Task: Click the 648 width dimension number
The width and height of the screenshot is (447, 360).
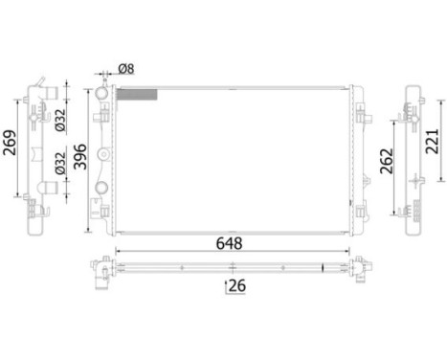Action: point(229,243)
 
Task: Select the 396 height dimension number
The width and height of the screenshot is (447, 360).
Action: point(80,157)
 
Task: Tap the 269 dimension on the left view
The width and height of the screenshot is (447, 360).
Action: point(10,143)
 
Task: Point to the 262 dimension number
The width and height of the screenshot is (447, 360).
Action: point(387,161)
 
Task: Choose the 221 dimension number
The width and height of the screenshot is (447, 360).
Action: point(433,141)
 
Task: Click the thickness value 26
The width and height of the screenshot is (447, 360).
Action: point(237,285)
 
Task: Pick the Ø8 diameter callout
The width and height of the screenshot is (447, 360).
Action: point(126,69)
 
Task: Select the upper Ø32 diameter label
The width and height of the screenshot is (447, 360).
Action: point(60,120)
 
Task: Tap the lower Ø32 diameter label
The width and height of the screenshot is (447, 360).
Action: point(60,163)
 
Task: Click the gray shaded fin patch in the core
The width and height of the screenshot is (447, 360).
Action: point(137,95)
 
